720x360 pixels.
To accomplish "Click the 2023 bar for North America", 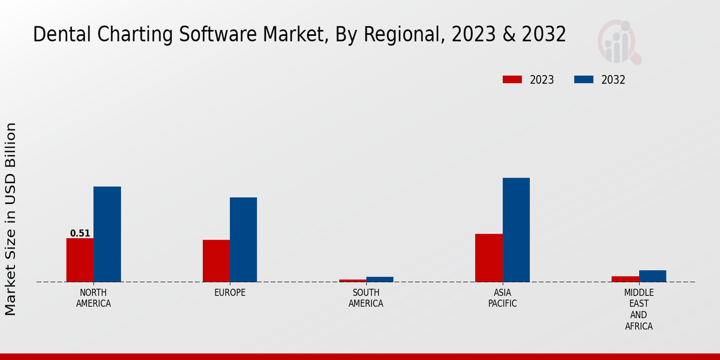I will click(x=80, y=260).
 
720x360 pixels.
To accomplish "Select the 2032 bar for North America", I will click(x=107, y=234).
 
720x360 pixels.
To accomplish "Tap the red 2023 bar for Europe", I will click(x=216, y=261).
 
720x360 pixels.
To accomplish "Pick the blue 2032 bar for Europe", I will click(x=243, y=239).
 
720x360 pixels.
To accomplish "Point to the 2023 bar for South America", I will click(x=352, y=280).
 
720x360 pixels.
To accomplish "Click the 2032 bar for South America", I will click(x=380, y=279).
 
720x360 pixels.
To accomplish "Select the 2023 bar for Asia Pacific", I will click(x=488, y=257).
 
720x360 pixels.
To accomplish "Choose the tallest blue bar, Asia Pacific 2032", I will click(x=516, y=230).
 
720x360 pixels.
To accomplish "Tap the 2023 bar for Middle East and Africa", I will click(x=625, y=279).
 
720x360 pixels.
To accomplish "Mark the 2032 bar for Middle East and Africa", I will click(x=652, y=276).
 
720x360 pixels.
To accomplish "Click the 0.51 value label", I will click(x=80, y=233).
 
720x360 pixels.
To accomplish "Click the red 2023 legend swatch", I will click(x=512, y=80).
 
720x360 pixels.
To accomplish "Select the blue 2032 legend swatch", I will click(x=584, y=80).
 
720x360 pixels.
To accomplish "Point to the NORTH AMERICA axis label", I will click(x=94, y=298).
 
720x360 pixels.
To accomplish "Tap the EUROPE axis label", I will click(x=230, y=293).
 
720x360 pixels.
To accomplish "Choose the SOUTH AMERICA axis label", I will click(x=366, y=298).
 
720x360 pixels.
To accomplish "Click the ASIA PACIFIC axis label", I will click(x=502, y=298).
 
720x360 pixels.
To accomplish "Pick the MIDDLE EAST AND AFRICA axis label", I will click(x=638, y=310).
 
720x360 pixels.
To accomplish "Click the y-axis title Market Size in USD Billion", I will click(x=11, y=219).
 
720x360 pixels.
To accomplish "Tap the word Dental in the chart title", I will click(x=56, y=35).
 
